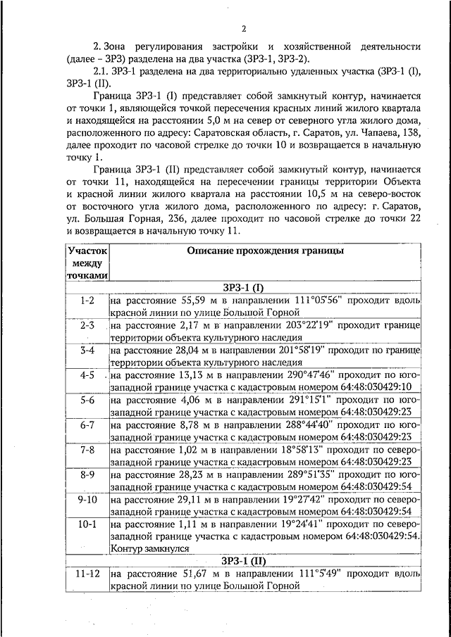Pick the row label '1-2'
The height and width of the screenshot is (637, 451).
tap(87, 301)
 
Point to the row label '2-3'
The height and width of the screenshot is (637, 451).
tap(87, 325)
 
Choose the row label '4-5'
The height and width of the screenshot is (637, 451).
tap(87, 375)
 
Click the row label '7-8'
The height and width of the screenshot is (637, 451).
tap(87, 449)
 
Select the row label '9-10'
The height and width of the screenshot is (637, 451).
tap(87, 498)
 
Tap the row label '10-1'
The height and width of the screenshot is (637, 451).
tap(87, 524)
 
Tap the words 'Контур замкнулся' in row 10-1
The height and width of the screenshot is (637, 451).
tap(149, 548)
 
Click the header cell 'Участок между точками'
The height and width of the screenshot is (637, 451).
tap(87, 263)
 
